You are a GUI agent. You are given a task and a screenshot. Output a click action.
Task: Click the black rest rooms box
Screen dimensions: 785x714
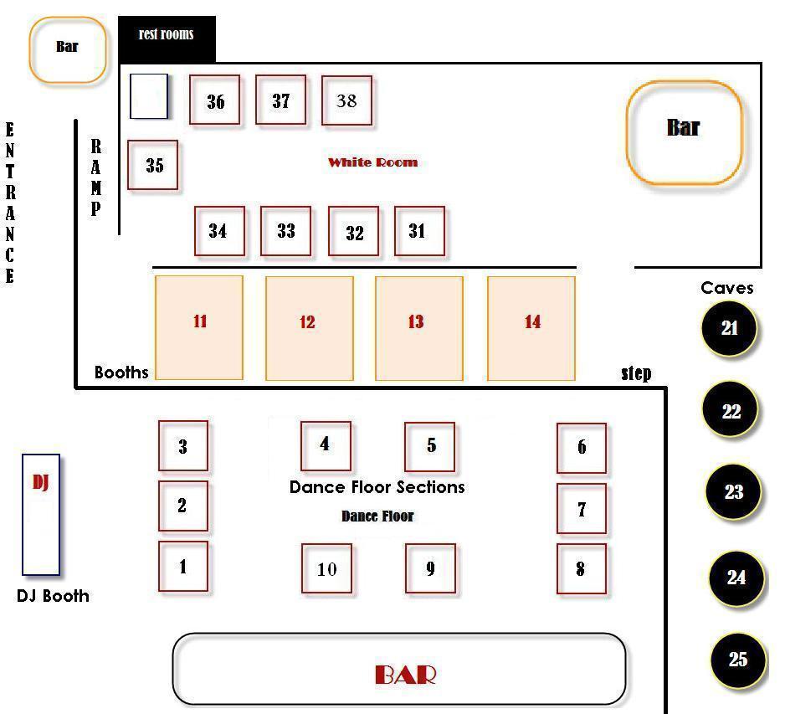tap(167, 39)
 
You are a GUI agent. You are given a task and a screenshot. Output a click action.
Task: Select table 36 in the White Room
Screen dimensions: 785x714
tap(215, 100)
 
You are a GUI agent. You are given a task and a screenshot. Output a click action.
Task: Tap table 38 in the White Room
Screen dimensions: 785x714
tap(346, 100)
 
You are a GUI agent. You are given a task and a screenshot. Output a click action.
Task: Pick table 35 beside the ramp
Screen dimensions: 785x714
tap(152, 165)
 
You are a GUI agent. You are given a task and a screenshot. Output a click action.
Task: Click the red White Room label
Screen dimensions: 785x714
tap(373, 162)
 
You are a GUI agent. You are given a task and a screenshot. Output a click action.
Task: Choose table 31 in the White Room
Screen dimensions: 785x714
tap(419, 231)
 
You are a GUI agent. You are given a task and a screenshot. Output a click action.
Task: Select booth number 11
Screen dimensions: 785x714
tap(199, 327)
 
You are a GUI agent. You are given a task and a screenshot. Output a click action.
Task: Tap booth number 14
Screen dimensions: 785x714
tap(531, 328)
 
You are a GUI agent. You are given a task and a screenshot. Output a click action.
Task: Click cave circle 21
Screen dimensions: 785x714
tap(729, 328)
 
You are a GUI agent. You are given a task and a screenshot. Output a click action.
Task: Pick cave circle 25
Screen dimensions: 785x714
tap(738, 660)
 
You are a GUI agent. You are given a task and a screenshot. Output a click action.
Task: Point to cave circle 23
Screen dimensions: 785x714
tap(733, 491)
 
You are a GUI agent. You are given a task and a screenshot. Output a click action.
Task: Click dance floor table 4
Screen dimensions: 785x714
tap(326, 445)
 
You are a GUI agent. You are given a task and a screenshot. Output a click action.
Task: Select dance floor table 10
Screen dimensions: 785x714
tap(327, 568)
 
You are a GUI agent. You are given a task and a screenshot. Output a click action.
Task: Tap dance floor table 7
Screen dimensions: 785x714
tap(582, 509)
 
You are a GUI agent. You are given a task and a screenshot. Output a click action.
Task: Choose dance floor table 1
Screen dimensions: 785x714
tap(183, 566)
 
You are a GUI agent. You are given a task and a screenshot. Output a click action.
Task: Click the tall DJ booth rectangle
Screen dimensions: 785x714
tap(41, 515)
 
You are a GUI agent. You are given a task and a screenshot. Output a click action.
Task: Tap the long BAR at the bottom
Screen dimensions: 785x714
tap(399, 669)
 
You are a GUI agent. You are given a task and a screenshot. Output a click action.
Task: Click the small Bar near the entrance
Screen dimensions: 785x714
tap(68, 49)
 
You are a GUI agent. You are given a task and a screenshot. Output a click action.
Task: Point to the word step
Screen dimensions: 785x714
tap(636, 373)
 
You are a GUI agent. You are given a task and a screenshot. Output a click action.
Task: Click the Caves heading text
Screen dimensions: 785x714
tap(727, 288)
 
